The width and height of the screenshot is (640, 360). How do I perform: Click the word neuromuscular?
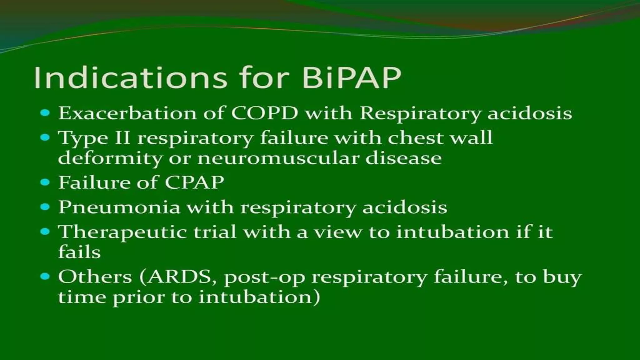pos(278,158)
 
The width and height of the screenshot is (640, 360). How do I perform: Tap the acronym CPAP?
pos(194,182)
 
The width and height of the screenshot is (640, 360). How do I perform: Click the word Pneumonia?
pos(119,207)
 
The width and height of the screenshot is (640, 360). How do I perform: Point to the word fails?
pos(79,252)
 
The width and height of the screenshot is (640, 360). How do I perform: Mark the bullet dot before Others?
pos(45,277)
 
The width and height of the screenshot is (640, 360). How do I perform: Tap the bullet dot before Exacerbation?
pos(45,113)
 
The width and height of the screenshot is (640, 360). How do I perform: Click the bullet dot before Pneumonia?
pos(45,207)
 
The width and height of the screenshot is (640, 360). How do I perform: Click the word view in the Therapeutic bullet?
pos(337,232)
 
